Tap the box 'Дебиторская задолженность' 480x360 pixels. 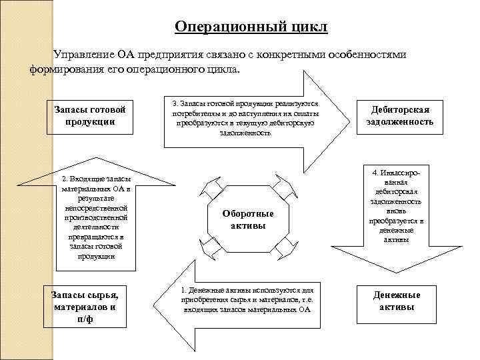[x=400, y=115]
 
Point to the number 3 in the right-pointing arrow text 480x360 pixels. [x=175, y=105]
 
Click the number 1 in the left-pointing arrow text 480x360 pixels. [x=183, y=291]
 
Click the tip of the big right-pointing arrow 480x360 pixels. [x=347, y=120]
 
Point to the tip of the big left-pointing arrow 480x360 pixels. [x=157, y=306]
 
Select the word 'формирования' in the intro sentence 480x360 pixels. [x=61, y=69]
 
